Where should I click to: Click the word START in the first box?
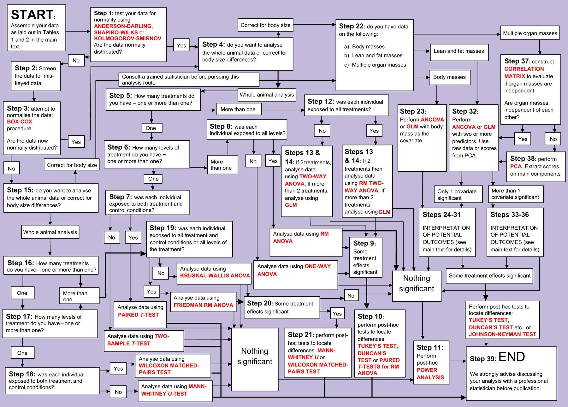coord(32,15)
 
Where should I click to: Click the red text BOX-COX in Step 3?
coord(20,121)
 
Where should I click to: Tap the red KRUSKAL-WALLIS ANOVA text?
coord(215,275)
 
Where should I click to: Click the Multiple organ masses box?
coord(530,33)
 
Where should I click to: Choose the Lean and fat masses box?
coord(459,51)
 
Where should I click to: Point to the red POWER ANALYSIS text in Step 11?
coord(430,374)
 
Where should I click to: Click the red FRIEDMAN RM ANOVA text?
coord(203,305)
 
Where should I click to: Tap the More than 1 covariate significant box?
coord(515,194)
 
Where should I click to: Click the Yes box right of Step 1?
coord(181,45)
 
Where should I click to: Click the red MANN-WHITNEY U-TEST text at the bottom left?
coord(174,390)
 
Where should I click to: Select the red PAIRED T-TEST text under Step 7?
coord(138,315)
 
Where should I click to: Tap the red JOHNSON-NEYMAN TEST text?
coord(502,334)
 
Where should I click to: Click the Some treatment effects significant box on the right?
coord(489,275)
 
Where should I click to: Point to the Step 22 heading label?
coord(352,26)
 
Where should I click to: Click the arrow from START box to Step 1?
coord(78,32)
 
